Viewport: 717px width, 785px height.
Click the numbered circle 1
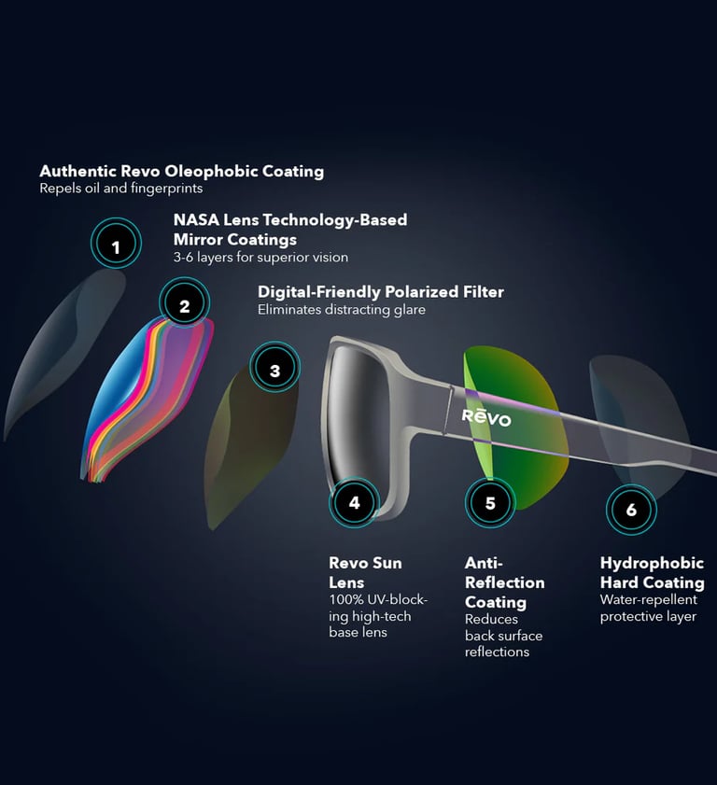116,247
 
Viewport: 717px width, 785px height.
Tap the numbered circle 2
185,305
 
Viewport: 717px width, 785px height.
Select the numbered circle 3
274,371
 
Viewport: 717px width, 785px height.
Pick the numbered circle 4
354,503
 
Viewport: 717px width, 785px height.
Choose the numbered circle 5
490,503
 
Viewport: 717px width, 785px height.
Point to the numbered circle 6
631,510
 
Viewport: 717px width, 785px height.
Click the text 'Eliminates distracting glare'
342,310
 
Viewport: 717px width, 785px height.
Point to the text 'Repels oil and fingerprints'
121,189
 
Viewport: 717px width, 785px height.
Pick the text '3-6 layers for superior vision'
260,257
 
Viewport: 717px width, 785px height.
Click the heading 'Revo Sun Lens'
365,572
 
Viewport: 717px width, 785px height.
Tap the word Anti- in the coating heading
484,563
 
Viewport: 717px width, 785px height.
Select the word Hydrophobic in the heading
652,563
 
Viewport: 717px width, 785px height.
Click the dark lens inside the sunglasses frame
369,411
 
